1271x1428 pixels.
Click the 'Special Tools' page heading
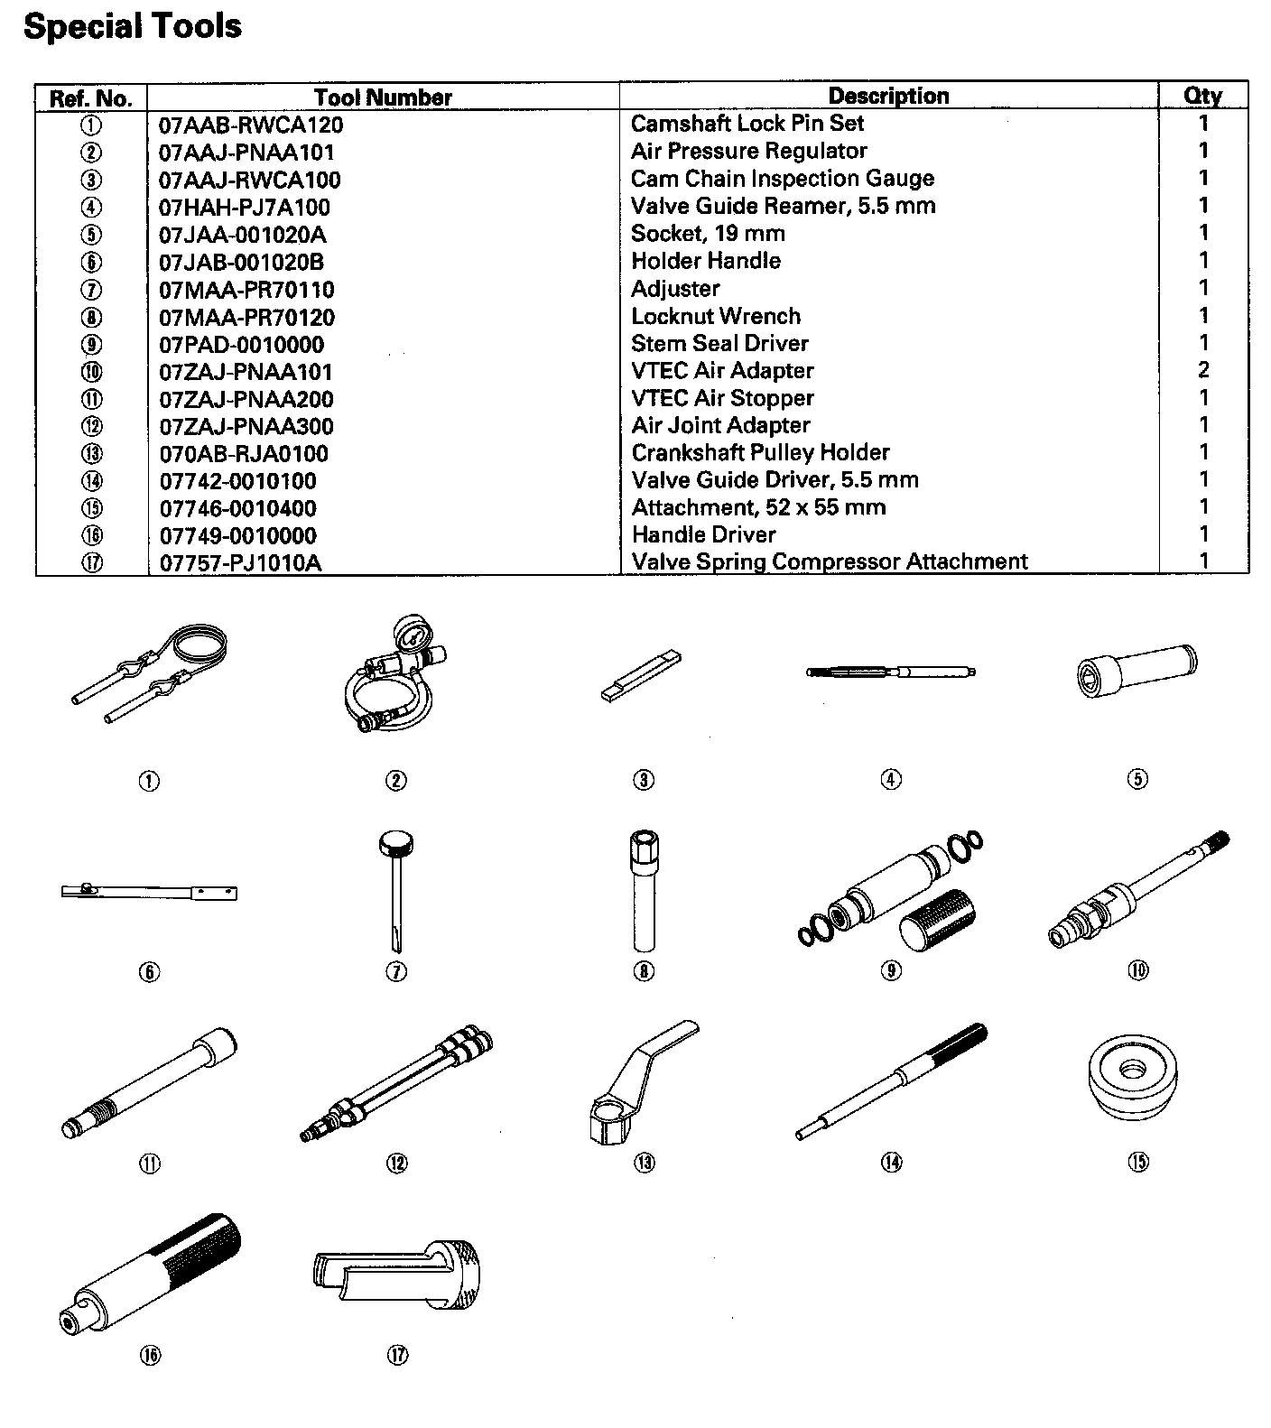[x=133, y=26]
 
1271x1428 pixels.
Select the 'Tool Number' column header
[x=383, y=97]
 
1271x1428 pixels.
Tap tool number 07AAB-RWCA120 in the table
[x=251, y=125]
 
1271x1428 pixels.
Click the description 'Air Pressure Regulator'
[x=748, y=151]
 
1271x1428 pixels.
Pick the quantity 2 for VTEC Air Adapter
[x=1202, y=370]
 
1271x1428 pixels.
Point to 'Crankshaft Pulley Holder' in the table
[x=760, y=452]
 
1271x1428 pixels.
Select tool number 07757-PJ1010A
[x=240, y=563]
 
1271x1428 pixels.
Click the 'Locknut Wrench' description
[x=715, y=316]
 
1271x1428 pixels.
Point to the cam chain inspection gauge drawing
[x=641, y=675]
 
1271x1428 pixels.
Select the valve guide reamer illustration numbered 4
[x=890, y=672]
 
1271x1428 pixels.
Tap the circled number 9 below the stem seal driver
[x=891, y=971]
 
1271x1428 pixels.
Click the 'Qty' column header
[x=1202, y=96]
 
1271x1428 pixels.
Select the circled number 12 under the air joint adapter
[x=396, y=1164]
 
